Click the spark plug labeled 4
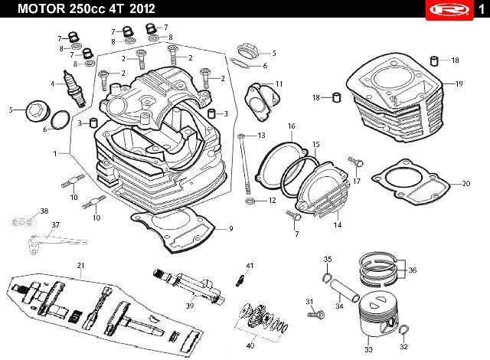[74, 89]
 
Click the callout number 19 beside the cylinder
[459, 83]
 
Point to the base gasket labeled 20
[411, 182]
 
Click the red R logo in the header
[449, 11]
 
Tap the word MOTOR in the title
[41, 8]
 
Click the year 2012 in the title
[142, 8]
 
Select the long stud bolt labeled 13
[245, 165]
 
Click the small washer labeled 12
[250, 201]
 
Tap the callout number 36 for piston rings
[413, 270]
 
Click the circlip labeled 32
[404, 329]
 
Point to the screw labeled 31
[315, 313]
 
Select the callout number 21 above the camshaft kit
[80, 266]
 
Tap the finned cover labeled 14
[322, 189]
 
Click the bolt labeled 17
[355, 162]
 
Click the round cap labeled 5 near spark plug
[37, 112]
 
